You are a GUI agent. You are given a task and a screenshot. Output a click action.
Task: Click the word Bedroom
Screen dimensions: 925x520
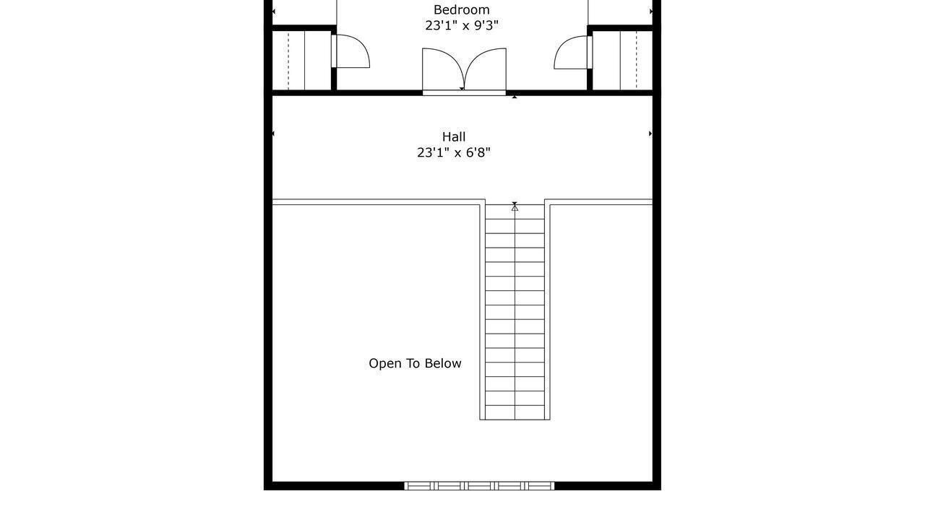461,9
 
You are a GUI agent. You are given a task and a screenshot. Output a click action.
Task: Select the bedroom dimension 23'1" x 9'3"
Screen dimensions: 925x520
462,25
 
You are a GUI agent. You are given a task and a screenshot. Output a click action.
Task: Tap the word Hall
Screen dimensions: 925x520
454,136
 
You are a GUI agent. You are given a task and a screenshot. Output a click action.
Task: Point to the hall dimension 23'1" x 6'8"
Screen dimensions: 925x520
454,152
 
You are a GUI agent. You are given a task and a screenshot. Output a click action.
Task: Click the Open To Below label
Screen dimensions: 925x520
415,363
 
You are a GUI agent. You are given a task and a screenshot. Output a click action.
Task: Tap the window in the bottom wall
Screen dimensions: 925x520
479,486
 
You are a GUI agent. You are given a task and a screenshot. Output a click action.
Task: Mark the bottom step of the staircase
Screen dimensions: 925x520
515,412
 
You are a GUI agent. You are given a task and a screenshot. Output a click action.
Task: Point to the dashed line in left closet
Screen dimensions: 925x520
288,60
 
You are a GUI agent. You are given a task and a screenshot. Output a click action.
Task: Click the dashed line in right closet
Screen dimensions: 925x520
637,60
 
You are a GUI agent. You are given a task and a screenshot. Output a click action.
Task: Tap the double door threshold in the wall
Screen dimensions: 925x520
464,93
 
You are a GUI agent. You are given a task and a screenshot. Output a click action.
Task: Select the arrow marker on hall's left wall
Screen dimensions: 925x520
273,134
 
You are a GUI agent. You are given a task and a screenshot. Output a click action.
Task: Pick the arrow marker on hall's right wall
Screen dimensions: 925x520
650,134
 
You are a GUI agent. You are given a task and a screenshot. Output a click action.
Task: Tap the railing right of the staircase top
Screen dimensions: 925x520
599,202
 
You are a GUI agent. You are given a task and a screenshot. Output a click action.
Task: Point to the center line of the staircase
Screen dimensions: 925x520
515,312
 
